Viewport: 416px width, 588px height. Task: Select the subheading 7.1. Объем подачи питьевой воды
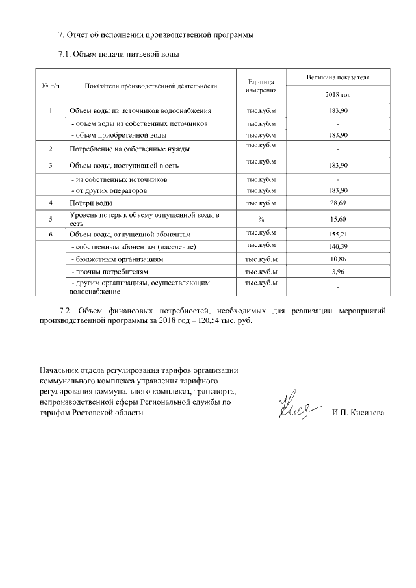pos(118,53)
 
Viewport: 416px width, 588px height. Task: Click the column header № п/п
pos(51,85)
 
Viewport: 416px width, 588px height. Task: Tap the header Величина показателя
pos(338,77)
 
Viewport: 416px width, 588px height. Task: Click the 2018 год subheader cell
pos(338,95)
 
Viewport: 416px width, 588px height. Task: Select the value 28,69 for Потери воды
pos(338,203)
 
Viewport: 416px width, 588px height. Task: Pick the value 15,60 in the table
pos(338,219)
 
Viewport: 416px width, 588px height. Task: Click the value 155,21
pos(338,234)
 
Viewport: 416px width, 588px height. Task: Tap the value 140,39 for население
pos(338,247)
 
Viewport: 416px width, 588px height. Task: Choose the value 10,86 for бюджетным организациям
pos(338,259)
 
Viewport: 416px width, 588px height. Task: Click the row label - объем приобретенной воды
pos(118,135)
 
